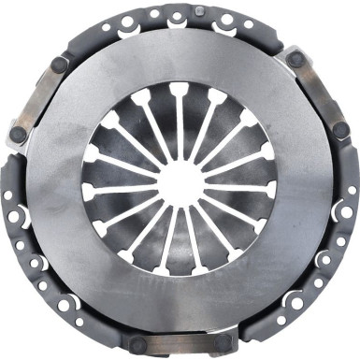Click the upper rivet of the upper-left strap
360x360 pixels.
pyautogui.click(x=60, y=65)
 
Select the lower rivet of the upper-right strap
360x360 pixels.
pyautogui.click(x=340, y=132)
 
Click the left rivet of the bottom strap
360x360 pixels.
pyautogui.click(x=137, y=345)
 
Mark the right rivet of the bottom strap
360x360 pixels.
pyautogui.click(x=221, y=345)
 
